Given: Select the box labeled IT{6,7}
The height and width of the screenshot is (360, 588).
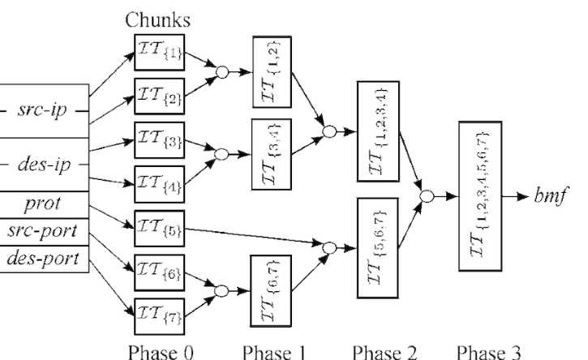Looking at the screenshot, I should point(272,289).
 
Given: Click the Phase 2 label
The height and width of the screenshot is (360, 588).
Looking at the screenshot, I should point(379,349).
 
